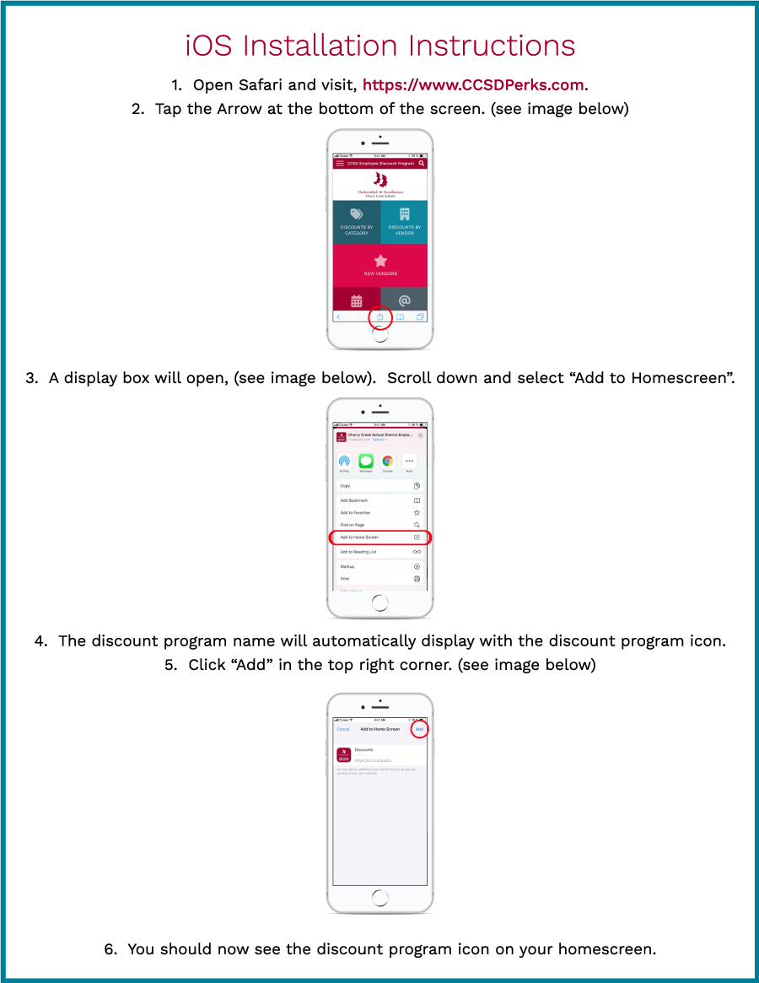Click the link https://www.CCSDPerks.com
473,85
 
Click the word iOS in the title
209,46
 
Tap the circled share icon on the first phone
380,317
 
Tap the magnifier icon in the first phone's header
422,163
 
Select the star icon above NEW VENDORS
380,261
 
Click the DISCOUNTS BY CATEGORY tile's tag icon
357,214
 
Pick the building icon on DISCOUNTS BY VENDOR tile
405,214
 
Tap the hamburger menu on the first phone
340,163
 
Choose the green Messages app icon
366,461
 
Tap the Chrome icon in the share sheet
387,461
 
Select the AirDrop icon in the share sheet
344,461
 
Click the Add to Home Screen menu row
379,537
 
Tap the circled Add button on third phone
419,729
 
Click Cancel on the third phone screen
343,729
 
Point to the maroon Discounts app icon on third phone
343,754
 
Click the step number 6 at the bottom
110,949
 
